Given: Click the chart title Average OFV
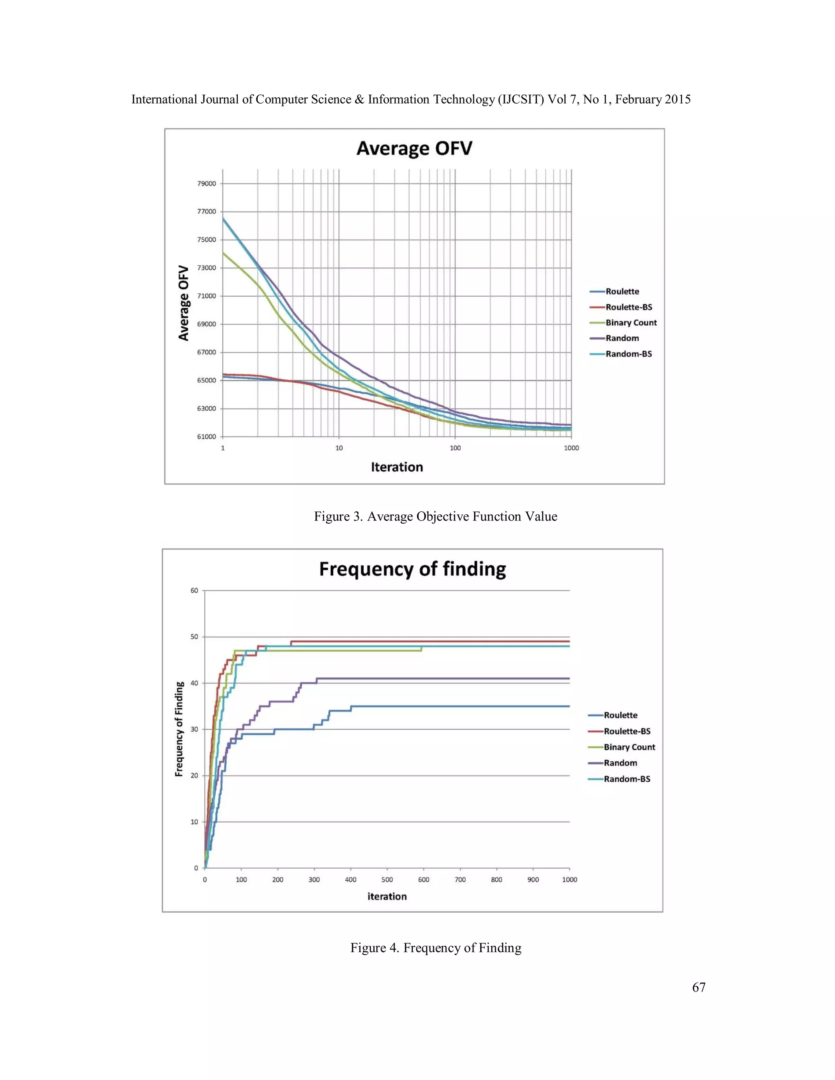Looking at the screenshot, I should pos(414,148).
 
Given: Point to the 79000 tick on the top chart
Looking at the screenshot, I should pos(207,183).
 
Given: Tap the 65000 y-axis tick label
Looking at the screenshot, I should pos(207,380).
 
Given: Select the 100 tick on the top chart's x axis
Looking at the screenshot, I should pos(455,448).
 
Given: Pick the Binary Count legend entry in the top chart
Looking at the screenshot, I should pos(631,322).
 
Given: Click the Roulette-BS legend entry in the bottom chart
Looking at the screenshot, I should pos(627,731).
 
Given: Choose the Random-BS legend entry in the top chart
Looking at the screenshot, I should pos(628,354).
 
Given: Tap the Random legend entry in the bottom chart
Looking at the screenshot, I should pos(620,763).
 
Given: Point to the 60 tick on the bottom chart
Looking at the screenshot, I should pos(194,591).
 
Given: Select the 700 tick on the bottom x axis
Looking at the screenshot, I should pos(460,880).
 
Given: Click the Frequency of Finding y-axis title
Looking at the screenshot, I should pos(179,729).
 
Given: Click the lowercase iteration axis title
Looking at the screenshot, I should pos(387,897).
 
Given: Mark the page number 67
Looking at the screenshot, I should pos(698,987).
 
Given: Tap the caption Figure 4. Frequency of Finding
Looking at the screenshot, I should pos(436,948).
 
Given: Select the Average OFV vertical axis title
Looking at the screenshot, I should pos(183,303).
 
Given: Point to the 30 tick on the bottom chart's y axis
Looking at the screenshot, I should pos(194,730).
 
